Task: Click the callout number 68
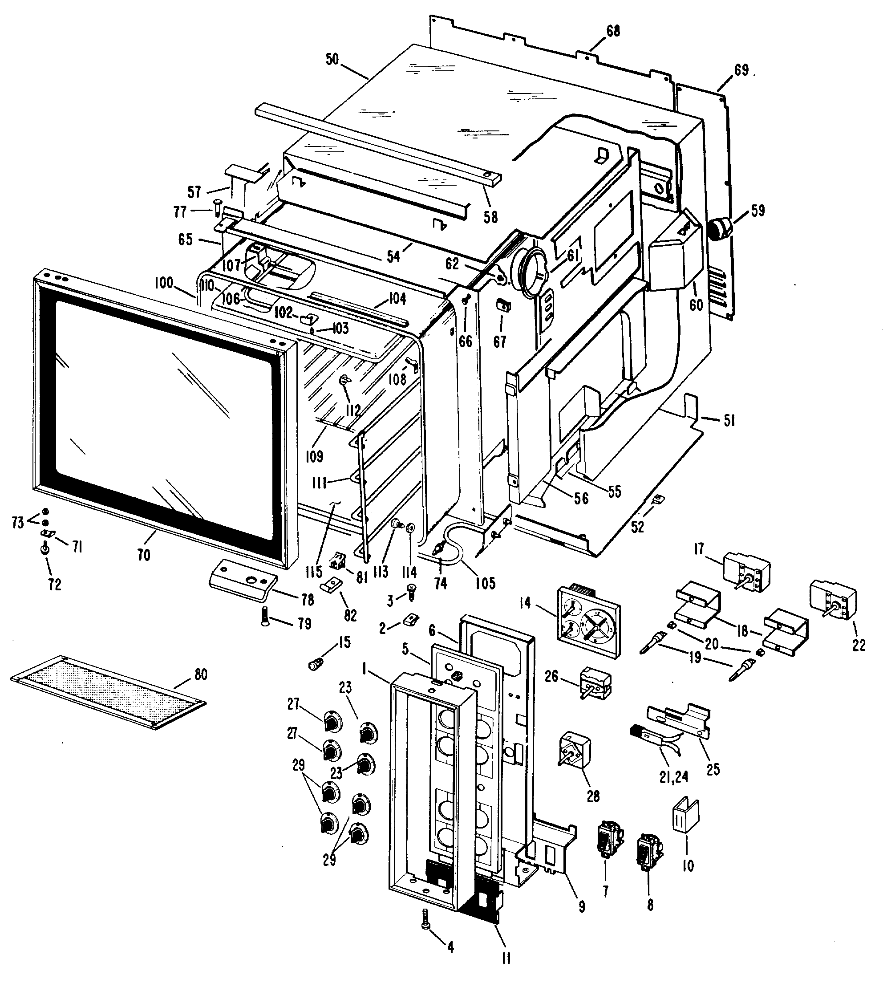point(613,31)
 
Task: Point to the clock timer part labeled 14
point(587,622)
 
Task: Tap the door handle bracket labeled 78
point(243,581)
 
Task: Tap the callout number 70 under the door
point(144,555)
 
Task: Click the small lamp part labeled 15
point(316,664)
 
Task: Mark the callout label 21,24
point(674,777)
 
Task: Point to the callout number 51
point(729,421)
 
